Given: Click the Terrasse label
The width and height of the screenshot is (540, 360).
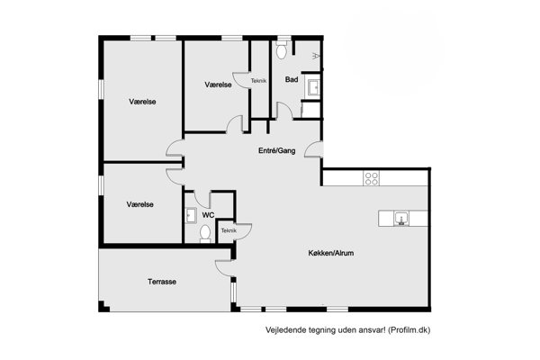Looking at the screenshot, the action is pyautogui.click(x=162, y=282).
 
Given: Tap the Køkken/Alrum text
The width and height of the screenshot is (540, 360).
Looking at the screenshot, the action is pyautogui.click(x=331, y=253).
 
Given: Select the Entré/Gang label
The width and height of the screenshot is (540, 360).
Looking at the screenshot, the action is pyautogui.click(x=277, y=150).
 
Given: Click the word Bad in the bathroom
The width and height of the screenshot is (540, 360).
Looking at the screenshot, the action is pyautogui.click(x=292, y=79).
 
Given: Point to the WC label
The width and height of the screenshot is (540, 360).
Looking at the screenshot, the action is pyautogui.click(x=208, y=215).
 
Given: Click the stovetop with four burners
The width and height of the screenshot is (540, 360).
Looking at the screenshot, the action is pyautogui.click(x=371, y=178).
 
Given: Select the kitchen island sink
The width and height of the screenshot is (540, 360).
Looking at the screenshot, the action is pyautogui.click(x=401, y=219).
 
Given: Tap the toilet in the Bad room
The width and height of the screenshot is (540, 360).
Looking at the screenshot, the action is pyautogui.click(x=282, y=50).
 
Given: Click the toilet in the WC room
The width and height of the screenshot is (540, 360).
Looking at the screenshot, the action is pyautogui.click(x=205, y=234).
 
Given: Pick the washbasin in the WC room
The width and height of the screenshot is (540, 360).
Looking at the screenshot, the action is pyautogui.click(x=190, y=215).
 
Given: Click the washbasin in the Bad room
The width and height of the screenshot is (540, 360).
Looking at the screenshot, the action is pyautogui.click(x=314, y=87).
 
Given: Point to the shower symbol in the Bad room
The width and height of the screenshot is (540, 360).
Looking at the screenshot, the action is pyautogui.click(x=316, y=56).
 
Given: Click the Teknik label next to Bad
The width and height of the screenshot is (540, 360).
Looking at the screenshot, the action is pyautogui.click(x=258, y=81).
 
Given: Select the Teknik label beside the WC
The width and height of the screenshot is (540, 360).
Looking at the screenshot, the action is pyautogui.click(x=229, y=230).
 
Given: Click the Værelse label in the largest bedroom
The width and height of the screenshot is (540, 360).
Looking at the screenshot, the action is pyautogui.click(x=142, y=102).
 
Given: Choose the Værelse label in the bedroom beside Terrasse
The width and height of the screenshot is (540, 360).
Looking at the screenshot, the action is pyautogui.click(x=139, y=204).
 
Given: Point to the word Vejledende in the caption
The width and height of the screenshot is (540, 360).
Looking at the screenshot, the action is pyautogui.click(x=282, y=330).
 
